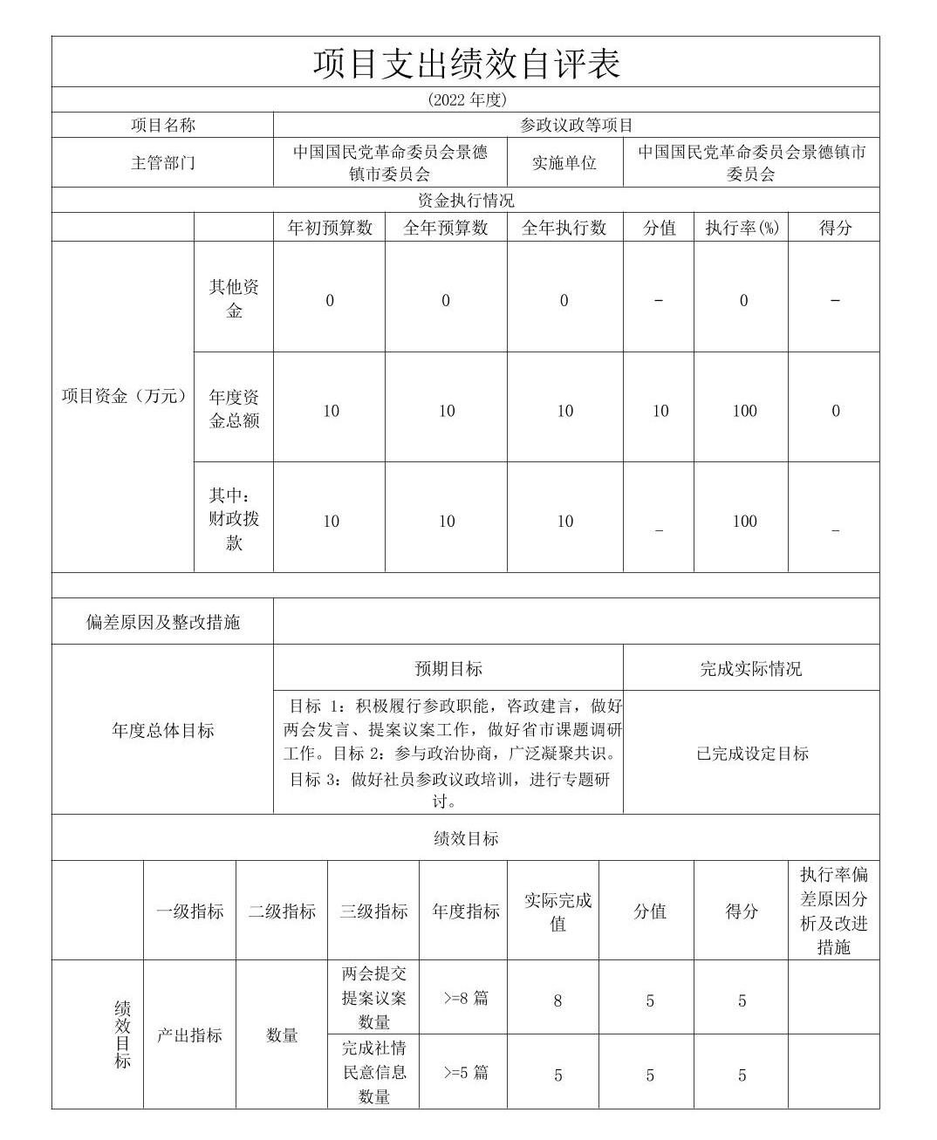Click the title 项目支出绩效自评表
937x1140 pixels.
(466, 63)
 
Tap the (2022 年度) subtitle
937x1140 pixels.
(466, 99)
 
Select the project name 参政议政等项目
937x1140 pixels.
(576, 125)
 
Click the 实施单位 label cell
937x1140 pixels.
(564, 163)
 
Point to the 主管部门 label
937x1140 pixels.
(162, 163)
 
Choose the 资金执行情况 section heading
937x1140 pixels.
(466, 201)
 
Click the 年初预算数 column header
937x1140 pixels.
(330, 228)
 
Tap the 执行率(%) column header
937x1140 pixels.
(742, 228)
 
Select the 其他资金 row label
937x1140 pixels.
(234, 298)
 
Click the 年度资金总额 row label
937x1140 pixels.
(234, 408)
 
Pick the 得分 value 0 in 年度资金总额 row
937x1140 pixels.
(835, 411)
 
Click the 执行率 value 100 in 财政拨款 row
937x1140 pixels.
(744, 521)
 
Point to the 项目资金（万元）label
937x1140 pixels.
(124, 396)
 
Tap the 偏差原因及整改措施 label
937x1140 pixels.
(162, 622)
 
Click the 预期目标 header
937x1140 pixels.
(448, 669)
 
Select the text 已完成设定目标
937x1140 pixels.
(752, 754)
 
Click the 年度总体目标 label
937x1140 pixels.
(162, 731)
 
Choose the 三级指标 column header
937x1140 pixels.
(373, 911)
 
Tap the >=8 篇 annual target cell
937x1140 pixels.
(466, 998)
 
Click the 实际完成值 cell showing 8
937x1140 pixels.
(557, 1000)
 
